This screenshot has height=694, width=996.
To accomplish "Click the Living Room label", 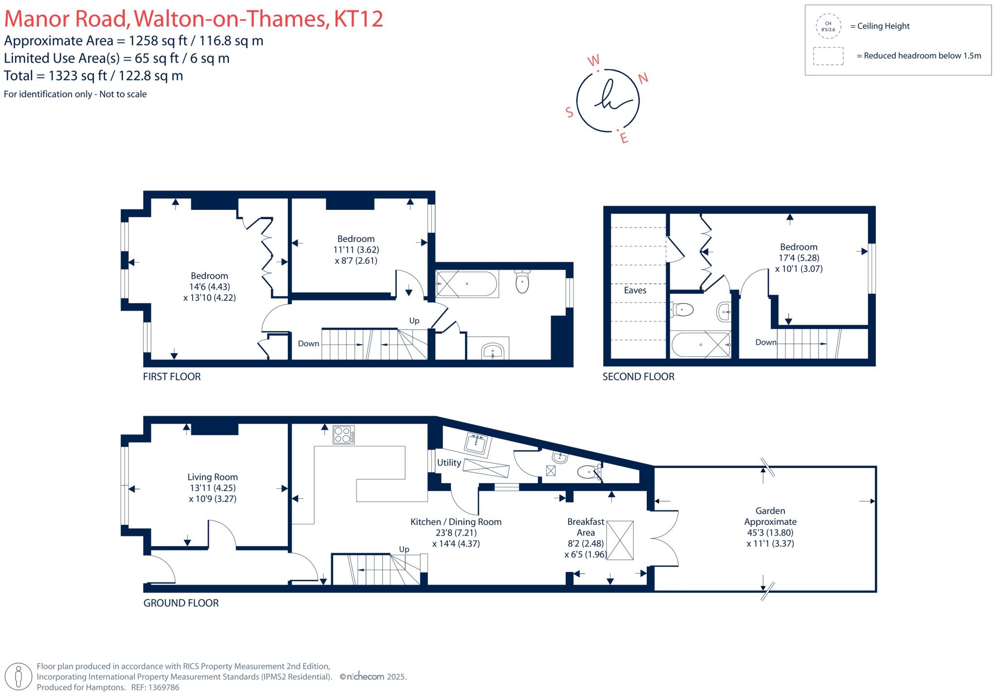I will [x=213, y=477].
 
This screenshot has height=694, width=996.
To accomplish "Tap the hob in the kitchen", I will [x=344, y=434].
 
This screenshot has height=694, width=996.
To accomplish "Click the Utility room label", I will [x=448, y=463].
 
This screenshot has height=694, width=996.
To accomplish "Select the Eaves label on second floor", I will [x=635, y=290].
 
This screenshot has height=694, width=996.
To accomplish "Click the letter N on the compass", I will [x=643, y=78].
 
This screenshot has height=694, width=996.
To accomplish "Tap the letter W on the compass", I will [x=594, y=61].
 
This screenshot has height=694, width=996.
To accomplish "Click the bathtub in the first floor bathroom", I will [x=467, y=284].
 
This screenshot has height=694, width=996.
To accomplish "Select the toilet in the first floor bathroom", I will [x=522, y=282].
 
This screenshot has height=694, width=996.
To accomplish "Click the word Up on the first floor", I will [x=414, y=321].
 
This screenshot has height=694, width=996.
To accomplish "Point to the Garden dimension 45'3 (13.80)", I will [x=770, y=532].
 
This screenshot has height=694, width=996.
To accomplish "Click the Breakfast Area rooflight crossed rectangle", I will [x=620, y=540].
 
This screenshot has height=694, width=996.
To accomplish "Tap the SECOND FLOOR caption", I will [x=638, y=377].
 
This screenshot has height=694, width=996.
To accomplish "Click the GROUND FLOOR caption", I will [x=181, y=603].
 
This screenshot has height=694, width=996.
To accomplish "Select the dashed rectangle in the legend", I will [x=828, y=56].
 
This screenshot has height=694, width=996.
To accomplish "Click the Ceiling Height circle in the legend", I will [x=828, y=26].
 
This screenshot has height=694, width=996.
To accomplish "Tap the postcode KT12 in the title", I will [x=358, y=19].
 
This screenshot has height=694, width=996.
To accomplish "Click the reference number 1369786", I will [x=161, y=687].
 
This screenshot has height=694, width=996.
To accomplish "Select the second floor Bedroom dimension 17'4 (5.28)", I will [x=799, y=258].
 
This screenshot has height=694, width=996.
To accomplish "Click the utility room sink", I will [x=478, y=443].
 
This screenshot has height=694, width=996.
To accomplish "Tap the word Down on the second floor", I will [x=765, y=342].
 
